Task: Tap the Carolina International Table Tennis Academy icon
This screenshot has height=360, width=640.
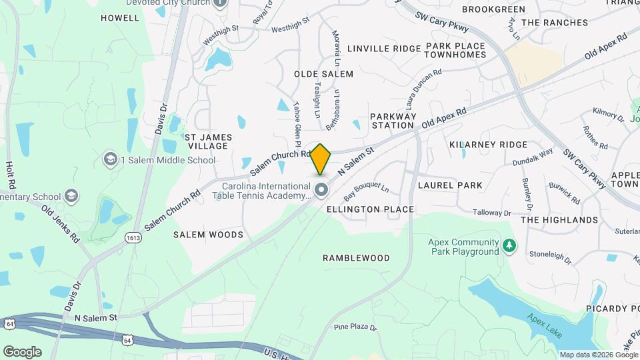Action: (x=322, y=191)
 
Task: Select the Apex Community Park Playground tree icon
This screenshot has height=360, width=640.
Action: (x=509, y=247)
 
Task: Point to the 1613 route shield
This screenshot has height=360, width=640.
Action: (x=132, y=237)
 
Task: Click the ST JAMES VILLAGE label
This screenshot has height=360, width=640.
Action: (x=209, y=141)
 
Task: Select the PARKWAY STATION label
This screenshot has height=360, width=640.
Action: (x=393, y=121)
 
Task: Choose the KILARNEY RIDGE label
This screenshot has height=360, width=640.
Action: (x=488, y=144)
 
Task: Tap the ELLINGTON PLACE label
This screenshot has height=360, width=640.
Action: (x=370, y=209)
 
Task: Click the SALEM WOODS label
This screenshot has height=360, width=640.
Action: (x=208, y=235)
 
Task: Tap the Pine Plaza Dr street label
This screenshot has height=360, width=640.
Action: (x=355, y=327)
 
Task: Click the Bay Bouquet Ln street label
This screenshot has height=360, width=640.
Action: (x=365, y=193)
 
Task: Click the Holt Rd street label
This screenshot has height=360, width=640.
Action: (x=11, y=173)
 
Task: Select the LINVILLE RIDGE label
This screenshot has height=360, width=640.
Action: (x=383, y=49)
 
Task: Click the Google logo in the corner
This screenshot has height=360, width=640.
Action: (x=22, y=351)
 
